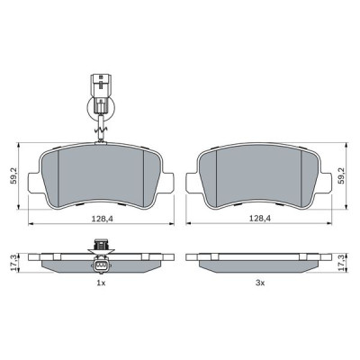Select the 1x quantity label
coord(101,283)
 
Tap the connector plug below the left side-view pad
coord(101,267)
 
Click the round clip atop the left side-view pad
coord(102,244)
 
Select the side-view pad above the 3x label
coord(257,259)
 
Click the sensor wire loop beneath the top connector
coord(101,112)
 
